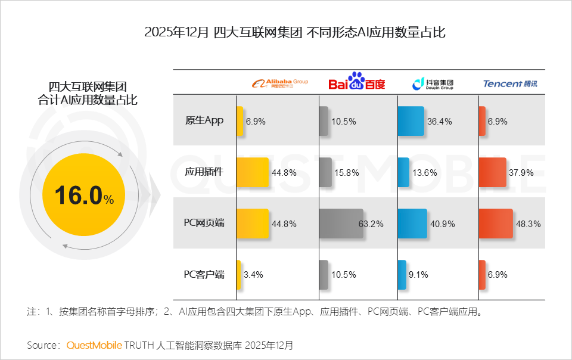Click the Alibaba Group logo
[279, 83]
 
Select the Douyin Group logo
[433, 83]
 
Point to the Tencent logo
[509, 83]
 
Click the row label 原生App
[204, 120]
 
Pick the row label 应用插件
[204, 172]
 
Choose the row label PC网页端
[204, 223]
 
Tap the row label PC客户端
[204, 274]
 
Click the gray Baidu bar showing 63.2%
[341, 224]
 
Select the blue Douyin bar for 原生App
[411, 121]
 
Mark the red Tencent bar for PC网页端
[495, 224]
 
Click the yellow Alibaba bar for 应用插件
[253, 172]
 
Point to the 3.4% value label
[254, 275]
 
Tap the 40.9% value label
[441, 224]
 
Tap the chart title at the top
[294, 32]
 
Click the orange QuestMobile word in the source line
[94, 345]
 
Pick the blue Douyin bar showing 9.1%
[402, 275]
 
